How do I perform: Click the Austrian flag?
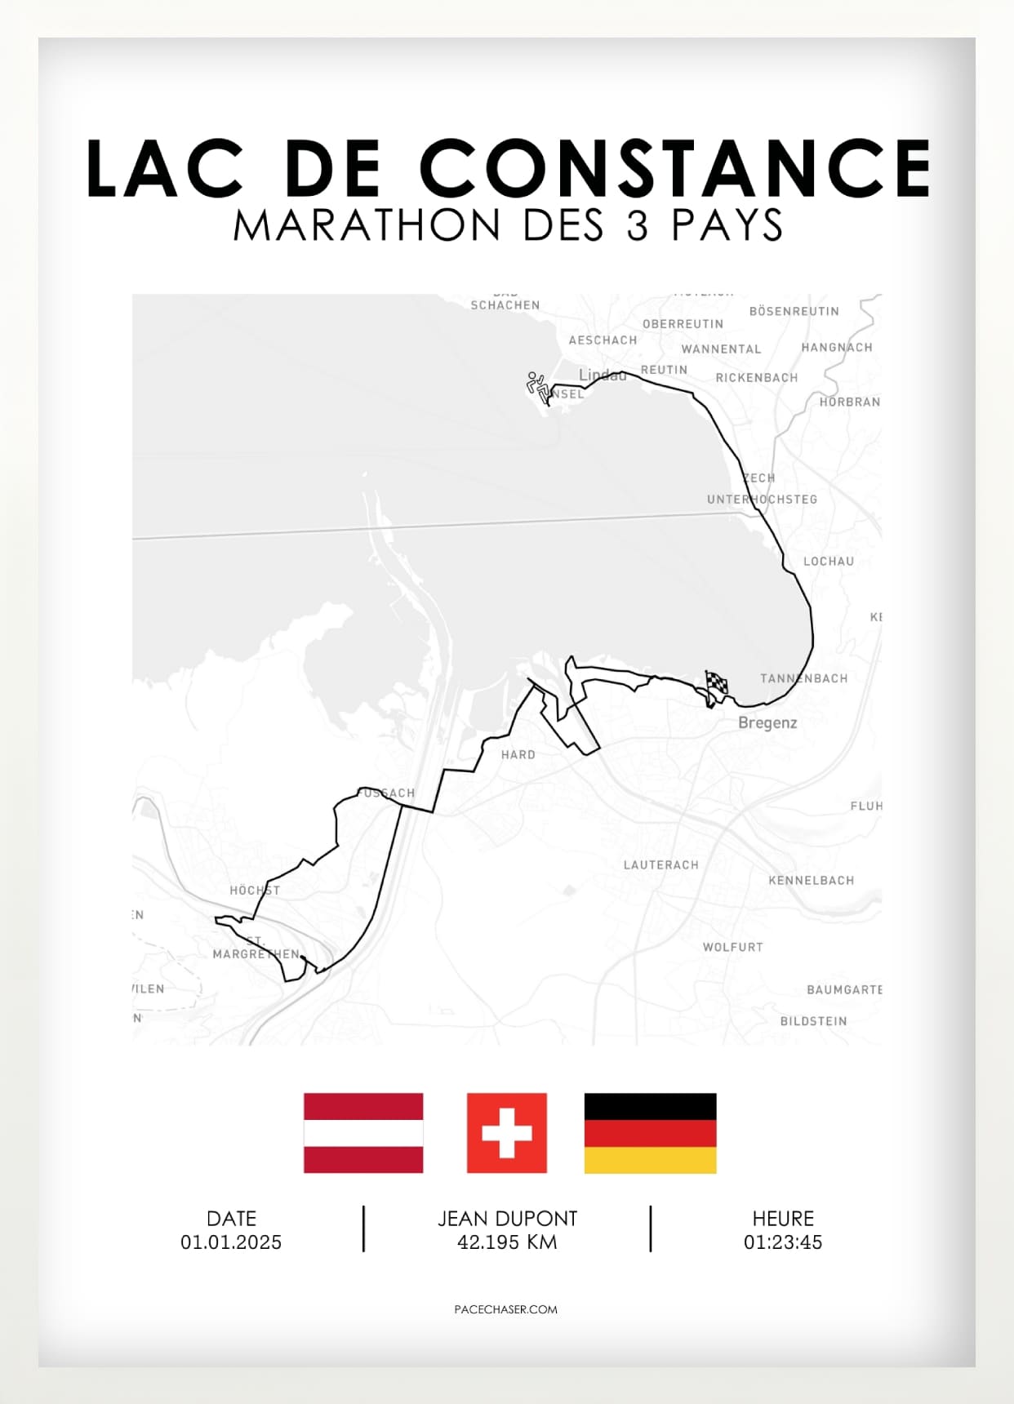click(x=363, y=1132)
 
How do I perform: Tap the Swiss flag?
click(x=506, y=1132)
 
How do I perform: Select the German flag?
click(x=650, y=1132)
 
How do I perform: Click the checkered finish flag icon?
click(x=716, y=685)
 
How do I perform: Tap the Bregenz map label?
click(x=767, y=722)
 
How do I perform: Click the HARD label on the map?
click(x=518, y=754)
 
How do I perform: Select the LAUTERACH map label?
click(x=660, y=864)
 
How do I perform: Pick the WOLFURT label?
click(x=732, y=947)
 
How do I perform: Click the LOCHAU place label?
click(x=828, y=561)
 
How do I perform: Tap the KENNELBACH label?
click(x=811, y=880)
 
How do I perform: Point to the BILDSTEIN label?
click(x=813, y=1021)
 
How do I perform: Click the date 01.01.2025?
click(x=231, y=1242)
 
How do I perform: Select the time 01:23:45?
click(x=782, y=1242)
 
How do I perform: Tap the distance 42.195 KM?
click(x=507, y=1242)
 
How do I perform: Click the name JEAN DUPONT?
click(x=507, y=1218)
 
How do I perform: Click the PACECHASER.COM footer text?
click(x=505, y=1308)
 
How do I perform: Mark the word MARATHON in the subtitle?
click(x=367, y=224)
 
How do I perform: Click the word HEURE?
click(x=782, y=1218)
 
